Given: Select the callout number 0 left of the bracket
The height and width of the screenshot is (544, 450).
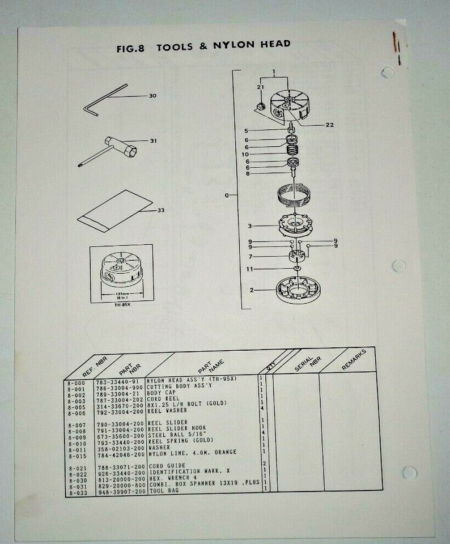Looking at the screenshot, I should (x=226, y=196).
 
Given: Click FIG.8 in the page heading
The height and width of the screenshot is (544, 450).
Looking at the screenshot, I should (x=130, y=49).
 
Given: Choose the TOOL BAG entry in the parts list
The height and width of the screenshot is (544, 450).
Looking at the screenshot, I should (x=163, y=492).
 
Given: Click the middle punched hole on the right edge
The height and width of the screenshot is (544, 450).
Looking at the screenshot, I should (x=398, y=265).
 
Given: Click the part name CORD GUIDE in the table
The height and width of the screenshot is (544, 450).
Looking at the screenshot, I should (x=167, y=466).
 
